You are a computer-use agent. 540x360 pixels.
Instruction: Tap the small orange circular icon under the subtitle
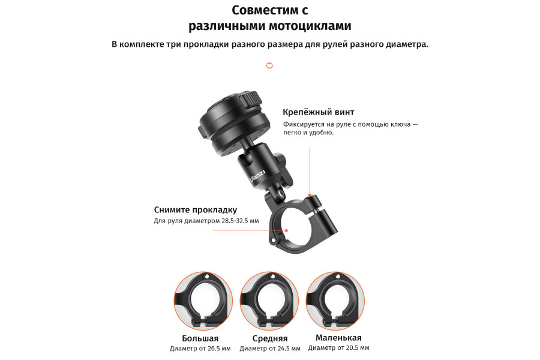coord(269,65)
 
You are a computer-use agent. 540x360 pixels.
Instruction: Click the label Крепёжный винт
coord(319,112)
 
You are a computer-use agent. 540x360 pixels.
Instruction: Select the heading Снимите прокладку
coord(196,209)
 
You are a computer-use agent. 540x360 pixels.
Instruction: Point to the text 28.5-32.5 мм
coord(240,221)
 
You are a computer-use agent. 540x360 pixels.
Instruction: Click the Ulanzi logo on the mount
coord(254,178)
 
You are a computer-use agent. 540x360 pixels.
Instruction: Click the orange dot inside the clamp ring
coord(287,230)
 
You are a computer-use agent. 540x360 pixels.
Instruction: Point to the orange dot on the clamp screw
coord(308,195)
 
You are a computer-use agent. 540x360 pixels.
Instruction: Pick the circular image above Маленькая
coord(335,299)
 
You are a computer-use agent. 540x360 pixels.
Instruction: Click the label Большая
coord(200,338)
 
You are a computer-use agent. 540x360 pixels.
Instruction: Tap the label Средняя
coord(269,338)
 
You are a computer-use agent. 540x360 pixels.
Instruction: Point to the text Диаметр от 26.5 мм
coord(200,349)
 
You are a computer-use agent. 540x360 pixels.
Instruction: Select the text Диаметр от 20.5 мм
coord(338,348)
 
